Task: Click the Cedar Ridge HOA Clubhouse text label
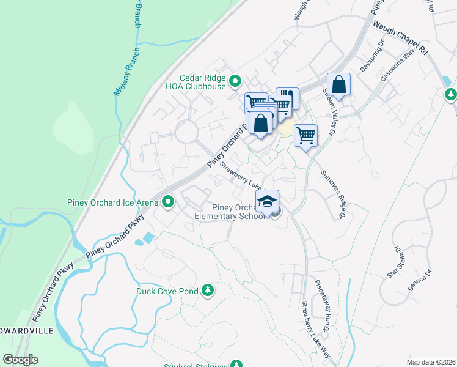(x=202, y=82)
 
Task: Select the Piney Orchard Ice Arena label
(x=112, y=202)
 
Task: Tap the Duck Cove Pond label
(x=167, y=291)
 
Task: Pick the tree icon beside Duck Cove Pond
(x=208, y=290)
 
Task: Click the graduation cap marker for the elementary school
(x=267, y=202)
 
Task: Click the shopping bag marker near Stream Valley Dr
(x=338, y=84)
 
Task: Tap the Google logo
(x=20, y=360)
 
